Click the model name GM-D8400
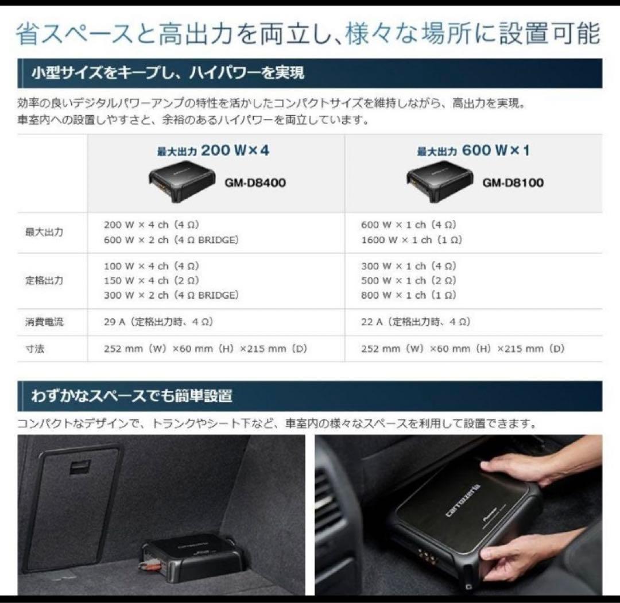255,183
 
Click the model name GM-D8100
513,183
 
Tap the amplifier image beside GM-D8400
182,181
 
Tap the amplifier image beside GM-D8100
440,181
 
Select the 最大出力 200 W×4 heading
213,150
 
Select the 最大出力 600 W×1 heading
473,150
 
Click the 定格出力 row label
44,280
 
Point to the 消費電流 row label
44,322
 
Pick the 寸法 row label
34,349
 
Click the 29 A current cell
158,322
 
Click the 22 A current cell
416,322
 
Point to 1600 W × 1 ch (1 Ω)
412,240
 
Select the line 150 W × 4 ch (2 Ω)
152,280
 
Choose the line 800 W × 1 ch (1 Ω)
409,295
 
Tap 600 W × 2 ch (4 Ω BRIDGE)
171,240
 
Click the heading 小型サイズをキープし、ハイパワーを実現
168,73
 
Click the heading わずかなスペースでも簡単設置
131,396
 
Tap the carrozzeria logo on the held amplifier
463,500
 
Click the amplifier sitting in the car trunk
193,558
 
